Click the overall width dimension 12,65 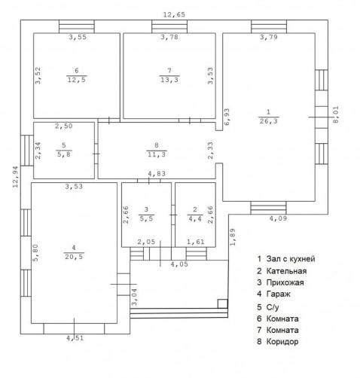coord(174,14)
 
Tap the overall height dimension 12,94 coord(16,177)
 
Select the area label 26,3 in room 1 coord(269,121)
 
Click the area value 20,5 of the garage coord(74,257)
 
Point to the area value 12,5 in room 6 coord(77,80)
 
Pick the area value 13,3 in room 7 coord(169,80)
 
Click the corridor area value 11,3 coord(157,154)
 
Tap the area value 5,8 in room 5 coord(64,154)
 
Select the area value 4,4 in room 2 coord(195,218)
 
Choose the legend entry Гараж coord(278,294)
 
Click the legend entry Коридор coord(282,342)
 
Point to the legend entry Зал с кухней coord(291,259)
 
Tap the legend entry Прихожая coord(285,282)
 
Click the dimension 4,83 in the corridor coord(157,173)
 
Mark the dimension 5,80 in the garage coord(36,253)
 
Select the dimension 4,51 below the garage coord(75,338)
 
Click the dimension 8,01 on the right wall coord(336,114)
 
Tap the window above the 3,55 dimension coord(77,26)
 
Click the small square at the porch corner coord(223,303)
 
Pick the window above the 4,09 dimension coord(268,208)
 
